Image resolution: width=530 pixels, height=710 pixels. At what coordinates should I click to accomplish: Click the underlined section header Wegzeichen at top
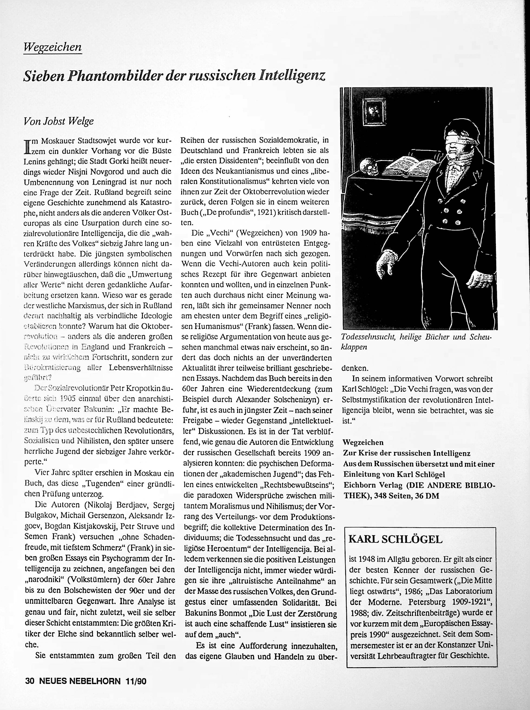[x=52, y=47]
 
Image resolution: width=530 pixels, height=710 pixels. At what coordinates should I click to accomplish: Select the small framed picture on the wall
[x=373, y=109]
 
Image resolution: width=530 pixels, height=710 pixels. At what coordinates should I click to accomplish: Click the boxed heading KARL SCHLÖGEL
[x=395, y=539]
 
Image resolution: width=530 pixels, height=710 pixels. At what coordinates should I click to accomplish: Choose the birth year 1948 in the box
[x=367, y=559]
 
